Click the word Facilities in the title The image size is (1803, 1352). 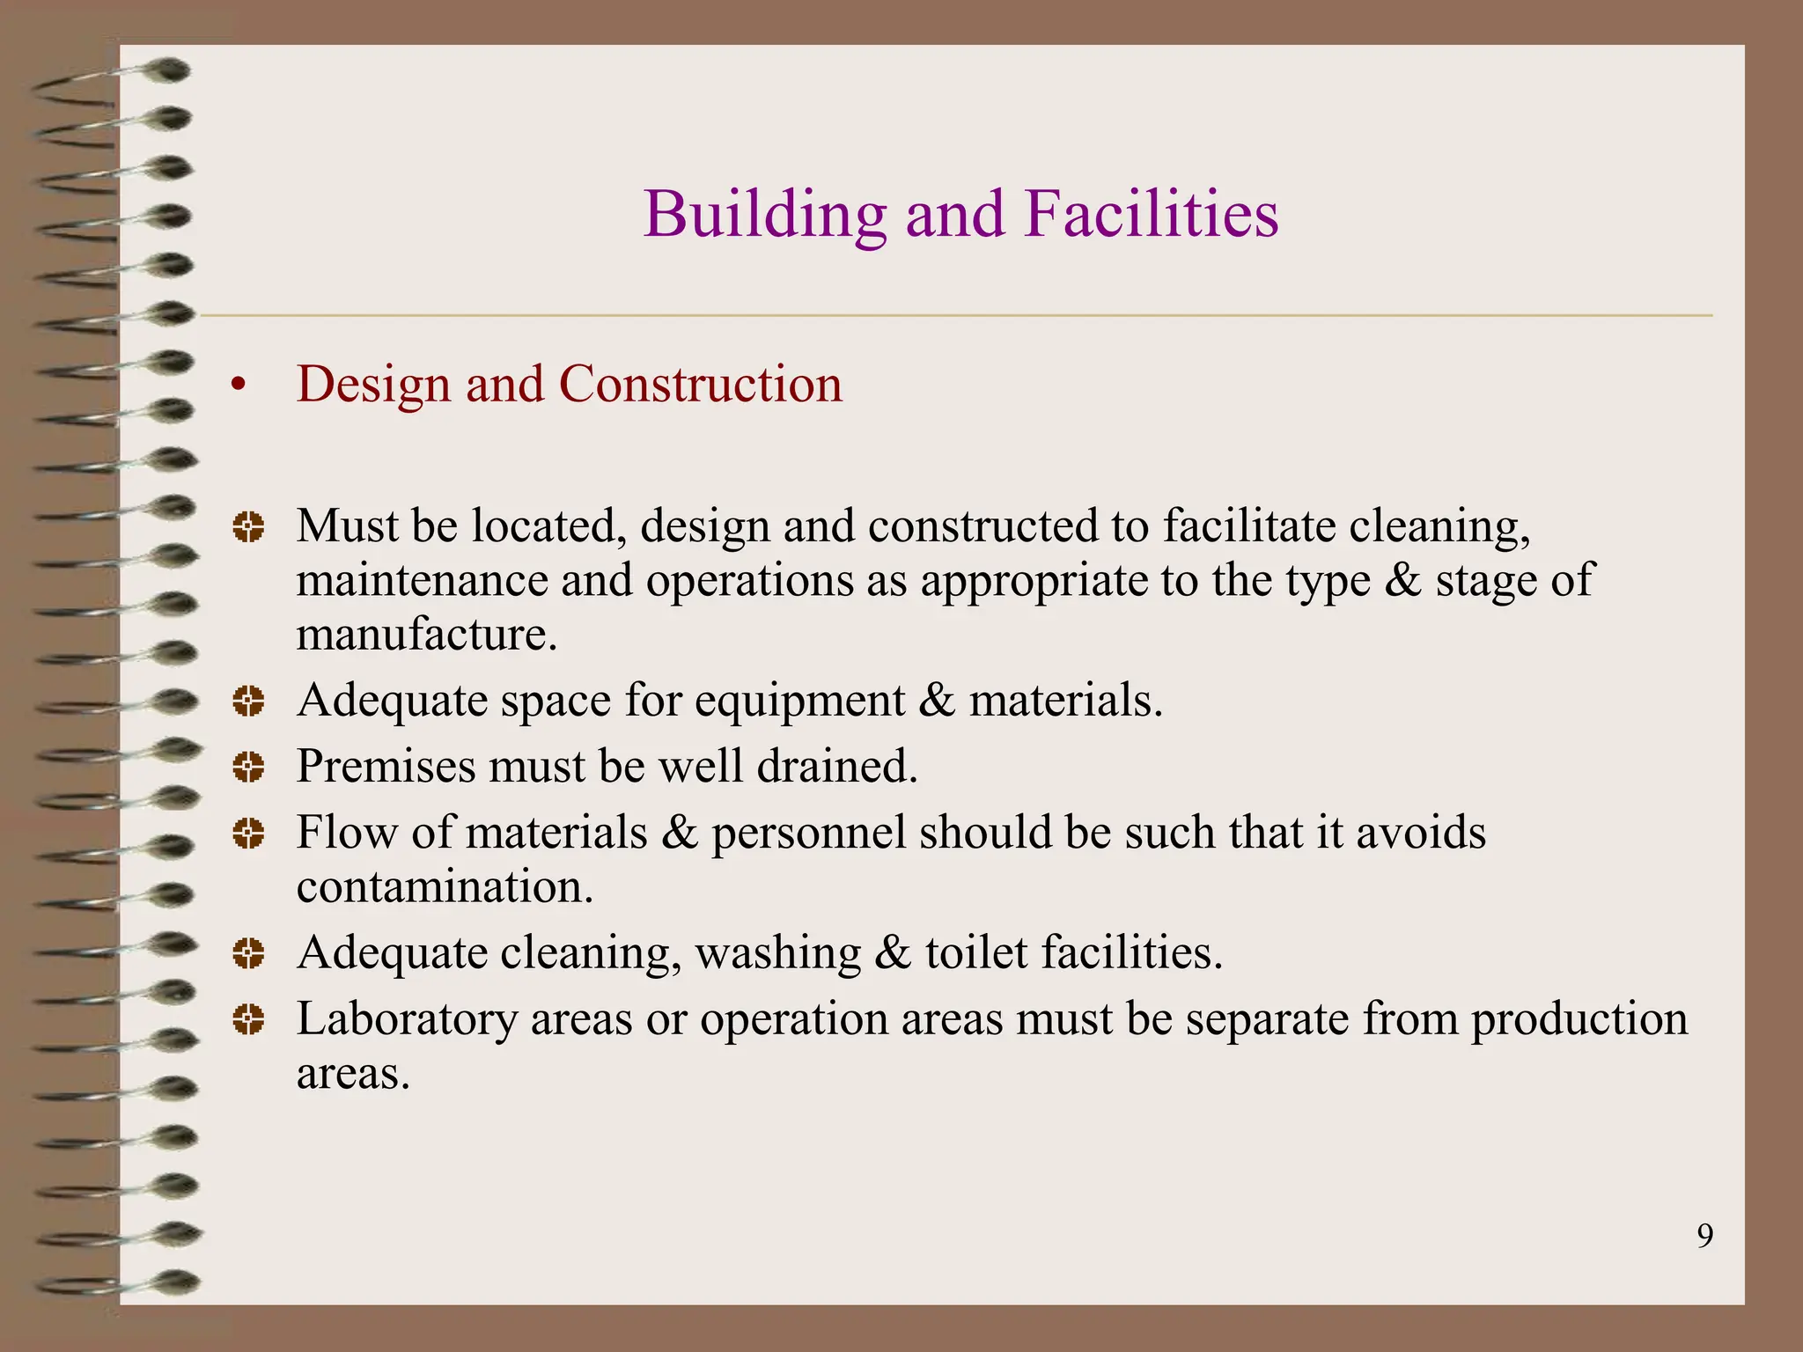[1151, 215]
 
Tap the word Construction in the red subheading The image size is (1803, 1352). [700, 385]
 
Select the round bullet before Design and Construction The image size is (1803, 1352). [236, 386]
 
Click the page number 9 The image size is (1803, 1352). [1704, 1237]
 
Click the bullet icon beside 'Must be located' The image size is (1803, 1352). [248, 527]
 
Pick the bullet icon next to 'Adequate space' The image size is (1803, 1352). [248, 702]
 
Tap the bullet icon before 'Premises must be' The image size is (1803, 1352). [248, 767]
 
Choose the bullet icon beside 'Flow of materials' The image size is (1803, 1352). [248, 833]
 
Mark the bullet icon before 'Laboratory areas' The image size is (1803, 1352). [248, 1020]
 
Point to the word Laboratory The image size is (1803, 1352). [407, 1020]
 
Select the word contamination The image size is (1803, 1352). [445, 886]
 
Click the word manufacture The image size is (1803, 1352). [426, 635]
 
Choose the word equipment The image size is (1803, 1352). [799, 702]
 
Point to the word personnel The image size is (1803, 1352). [808, 833]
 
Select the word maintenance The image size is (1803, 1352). [422, 581]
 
